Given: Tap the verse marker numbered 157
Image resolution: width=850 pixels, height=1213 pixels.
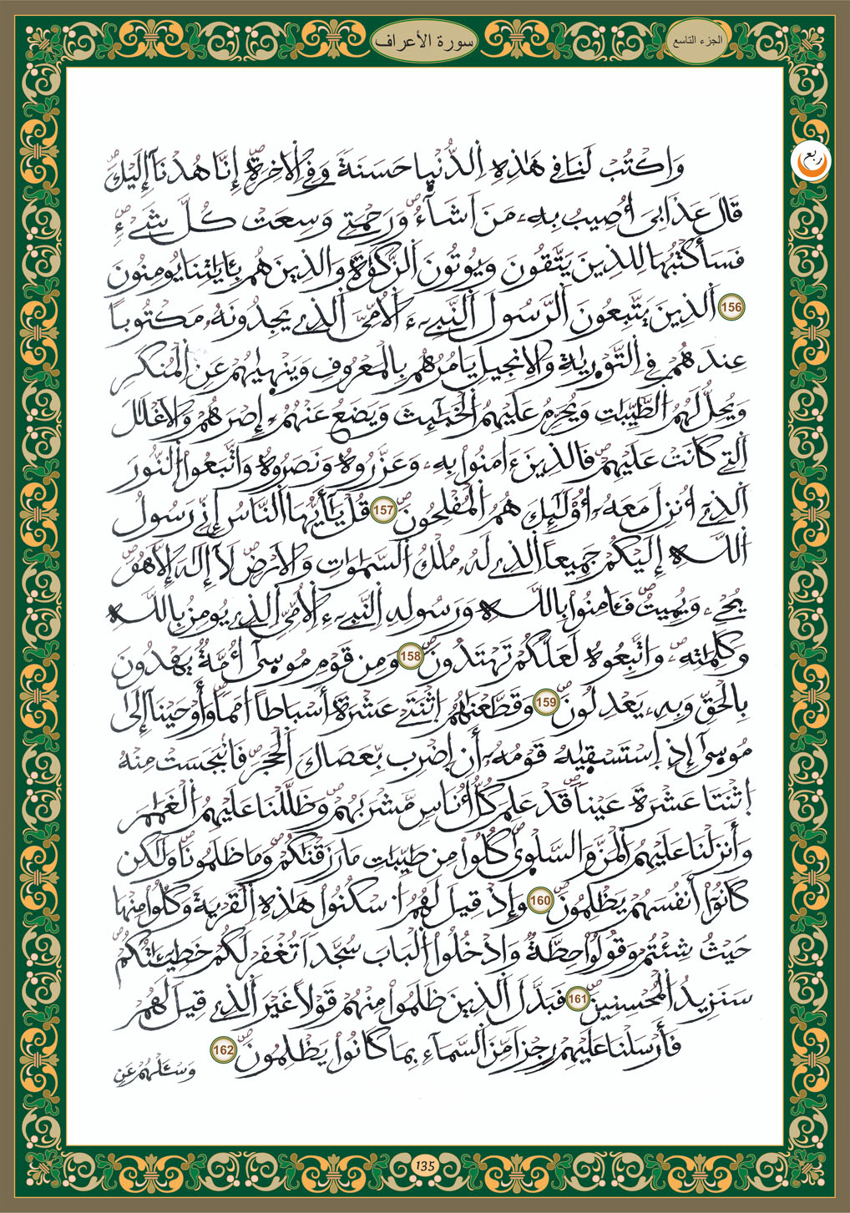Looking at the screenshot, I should pos(383,511).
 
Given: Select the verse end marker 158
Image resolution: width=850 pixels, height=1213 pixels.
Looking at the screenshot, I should pos(411,656).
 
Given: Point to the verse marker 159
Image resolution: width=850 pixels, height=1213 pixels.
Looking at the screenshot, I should pos(546,702).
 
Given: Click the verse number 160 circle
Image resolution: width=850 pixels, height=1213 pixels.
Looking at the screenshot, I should pos(540,901).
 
